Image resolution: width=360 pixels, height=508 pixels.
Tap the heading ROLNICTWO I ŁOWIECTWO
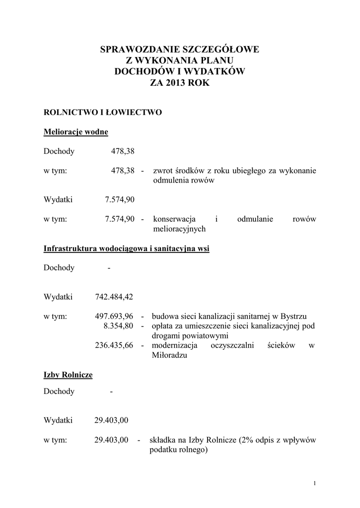103,112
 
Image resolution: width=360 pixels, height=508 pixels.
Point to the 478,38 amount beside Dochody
122,151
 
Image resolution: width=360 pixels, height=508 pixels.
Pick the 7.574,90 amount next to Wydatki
120,199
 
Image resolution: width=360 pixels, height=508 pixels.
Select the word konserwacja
174,219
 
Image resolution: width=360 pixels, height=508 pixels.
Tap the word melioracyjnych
179,229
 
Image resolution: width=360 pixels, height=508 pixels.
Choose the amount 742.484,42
114,297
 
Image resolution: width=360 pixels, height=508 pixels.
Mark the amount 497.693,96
114,316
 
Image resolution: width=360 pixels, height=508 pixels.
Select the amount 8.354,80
118,326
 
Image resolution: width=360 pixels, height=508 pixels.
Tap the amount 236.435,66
114,345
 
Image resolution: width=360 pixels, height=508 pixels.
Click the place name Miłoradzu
169,355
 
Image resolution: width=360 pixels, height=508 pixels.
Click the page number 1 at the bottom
315,483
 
